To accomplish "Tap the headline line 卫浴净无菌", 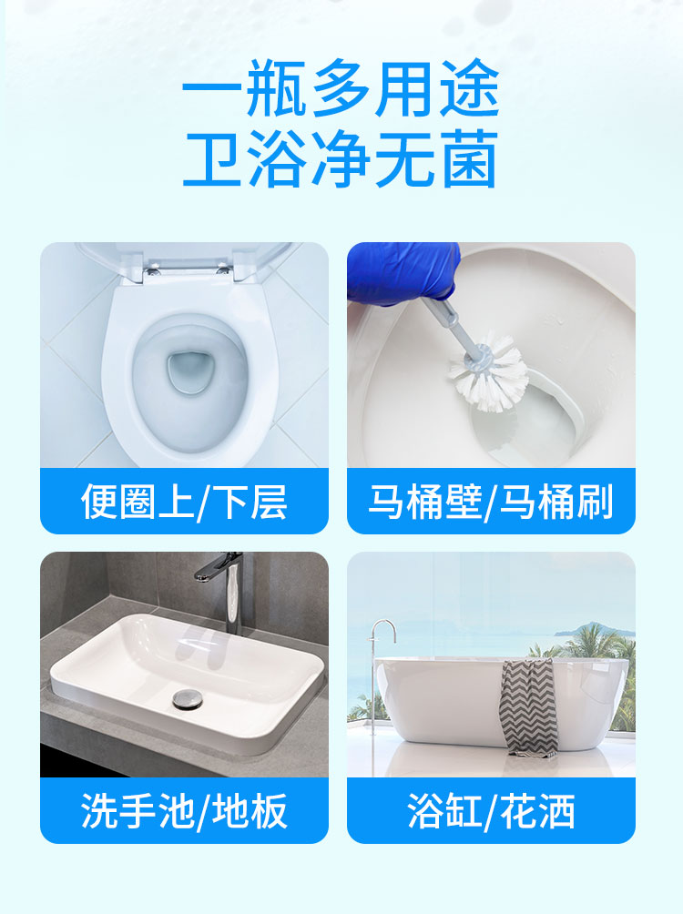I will click(x=341, y=161).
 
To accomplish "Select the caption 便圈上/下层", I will click(x=184, y=502).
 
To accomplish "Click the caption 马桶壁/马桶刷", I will click(x=491, y=502).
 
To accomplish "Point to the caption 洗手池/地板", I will click(x=184, y=810).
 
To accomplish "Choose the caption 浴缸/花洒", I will click(x=491, y=810).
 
